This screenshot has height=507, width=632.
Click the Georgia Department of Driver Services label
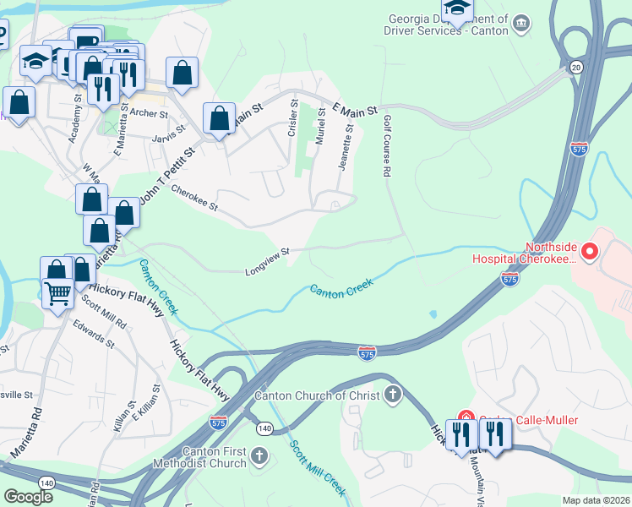(x=449, y=25)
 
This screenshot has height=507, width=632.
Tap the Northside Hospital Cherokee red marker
(x=590, y=251)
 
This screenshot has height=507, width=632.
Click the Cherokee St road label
(x=194, y=199)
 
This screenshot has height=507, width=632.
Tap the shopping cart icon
(x=57, y=294)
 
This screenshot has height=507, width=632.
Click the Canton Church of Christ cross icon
(x=392, y=394)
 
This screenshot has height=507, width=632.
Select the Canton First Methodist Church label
(x=199, y=457)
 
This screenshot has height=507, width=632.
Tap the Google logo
(x=28, y=496)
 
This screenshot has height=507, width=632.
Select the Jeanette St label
(x=345, y=147)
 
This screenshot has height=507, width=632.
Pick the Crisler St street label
(x=293, y=118)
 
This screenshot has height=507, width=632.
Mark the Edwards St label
(x=93, y=333)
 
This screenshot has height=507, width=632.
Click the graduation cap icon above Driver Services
(x=457, y=8)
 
